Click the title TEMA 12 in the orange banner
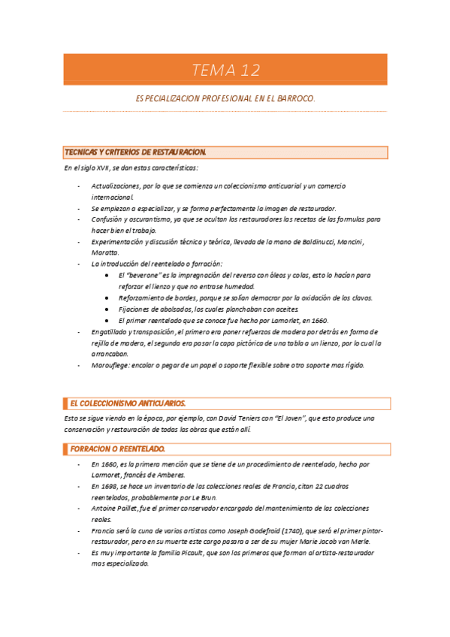click(225, 71)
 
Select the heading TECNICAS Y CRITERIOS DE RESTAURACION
click(135, 152)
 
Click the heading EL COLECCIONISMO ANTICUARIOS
click(127, 403)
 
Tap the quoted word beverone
click(146, 276)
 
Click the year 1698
click(110, 486)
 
